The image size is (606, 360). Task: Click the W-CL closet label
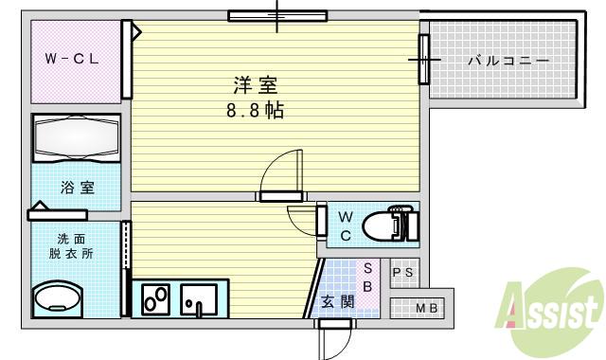coord(72,59)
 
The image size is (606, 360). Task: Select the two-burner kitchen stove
coord(155,299)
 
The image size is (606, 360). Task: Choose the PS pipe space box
coord(403,273)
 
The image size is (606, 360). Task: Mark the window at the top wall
coord(277,16)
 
